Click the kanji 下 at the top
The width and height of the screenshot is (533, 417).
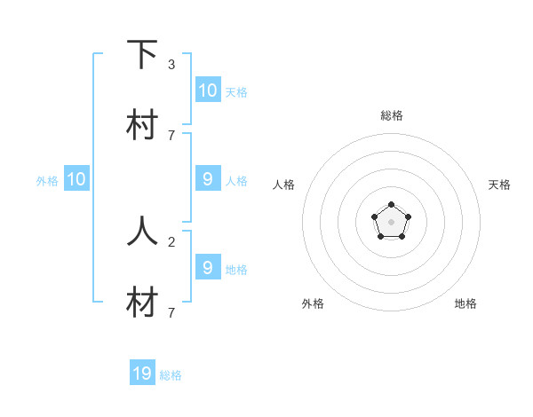[x=142, y=55]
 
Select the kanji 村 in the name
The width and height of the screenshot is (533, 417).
[x=142, y=125]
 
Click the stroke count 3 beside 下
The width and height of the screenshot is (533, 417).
[x=171, y=65]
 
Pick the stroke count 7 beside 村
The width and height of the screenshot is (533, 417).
[x=171, y=135]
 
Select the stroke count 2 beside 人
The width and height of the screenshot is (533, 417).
[x=171, y=240]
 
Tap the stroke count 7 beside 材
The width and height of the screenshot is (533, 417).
[x=171, y=312]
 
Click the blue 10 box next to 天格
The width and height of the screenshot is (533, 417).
[x=208, y=90]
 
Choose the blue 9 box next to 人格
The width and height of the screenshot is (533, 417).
[x=208, y=179]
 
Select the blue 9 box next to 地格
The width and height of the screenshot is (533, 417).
[x=208, y=267]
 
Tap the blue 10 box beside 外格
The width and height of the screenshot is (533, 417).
[x=76, y=179]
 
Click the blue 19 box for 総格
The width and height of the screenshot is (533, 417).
[x=142, y=374]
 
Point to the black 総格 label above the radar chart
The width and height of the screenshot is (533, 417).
[x=392, y=115]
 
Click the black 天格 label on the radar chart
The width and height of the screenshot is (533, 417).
[x=499, y=185]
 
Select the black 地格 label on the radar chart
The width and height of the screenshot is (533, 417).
[x=465, y=303]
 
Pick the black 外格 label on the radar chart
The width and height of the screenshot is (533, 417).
[x=313, y=303]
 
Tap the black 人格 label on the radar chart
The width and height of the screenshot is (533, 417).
[x=283, y=185]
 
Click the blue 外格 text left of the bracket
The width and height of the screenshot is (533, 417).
[x=47, y=180]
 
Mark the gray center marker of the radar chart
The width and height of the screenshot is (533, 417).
[x=391, y=221]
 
